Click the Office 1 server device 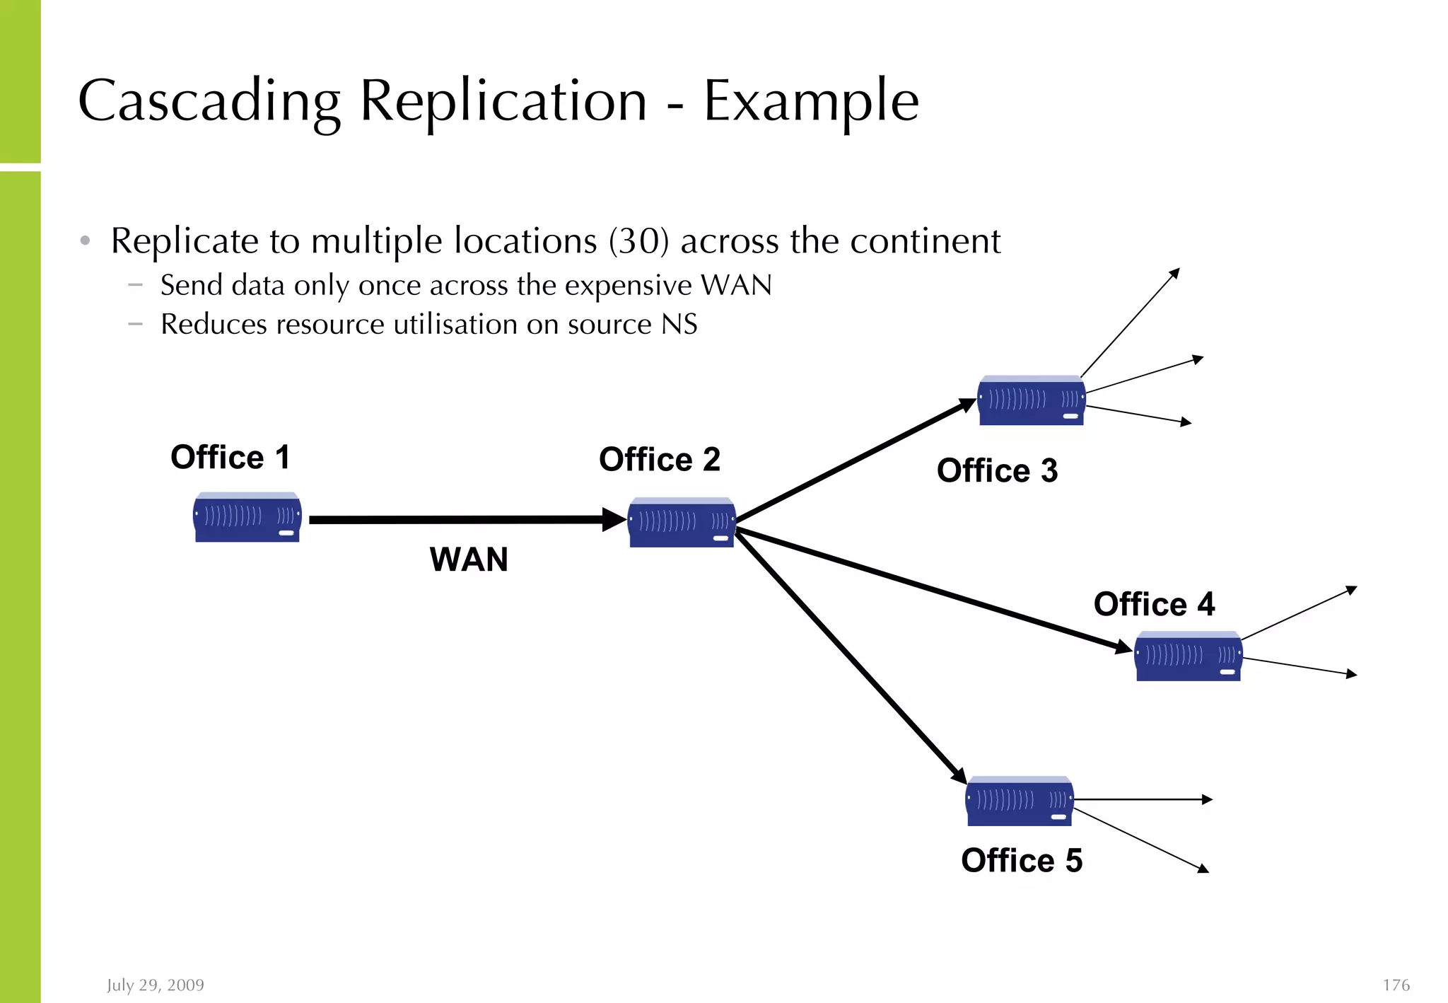coord(247,518)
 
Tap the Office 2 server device coord(682,523)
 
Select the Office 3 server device coord(1031,401)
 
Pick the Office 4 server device coord(1188,656)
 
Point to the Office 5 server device coord(1020,801)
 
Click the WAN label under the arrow coord(469,560)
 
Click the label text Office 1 coord(230,457)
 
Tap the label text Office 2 coord(659,460)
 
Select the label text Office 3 coord(997,471)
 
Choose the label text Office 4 coord(1154,605)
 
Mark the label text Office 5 coord(1021,861)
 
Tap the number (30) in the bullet coord(638,241)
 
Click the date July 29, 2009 coord(156,985)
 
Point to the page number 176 coord(1396,985)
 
